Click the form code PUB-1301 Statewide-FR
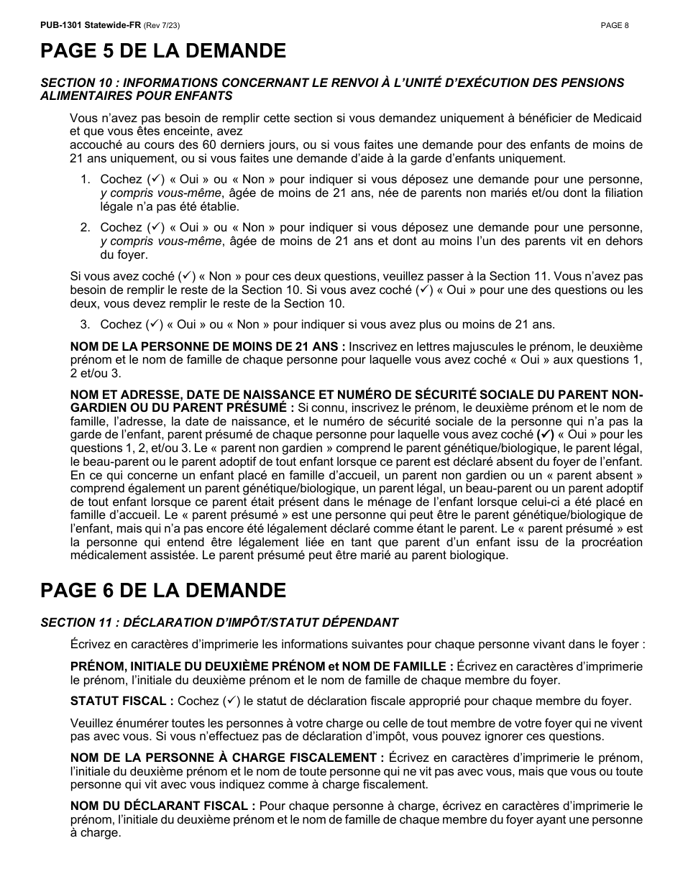pos(91,25)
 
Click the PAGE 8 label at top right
pos(615,25)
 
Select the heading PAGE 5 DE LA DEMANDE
pos(163,51)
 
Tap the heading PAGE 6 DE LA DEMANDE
pos(163,591)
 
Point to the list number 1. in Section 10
pos(85,179)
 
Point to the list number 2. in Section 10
pos(85,228)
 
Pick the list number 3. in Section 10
pos(85,325)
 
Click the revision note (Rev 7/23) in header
pos(162,25)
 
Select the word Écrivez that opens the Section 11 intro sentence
pos(91,645)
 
